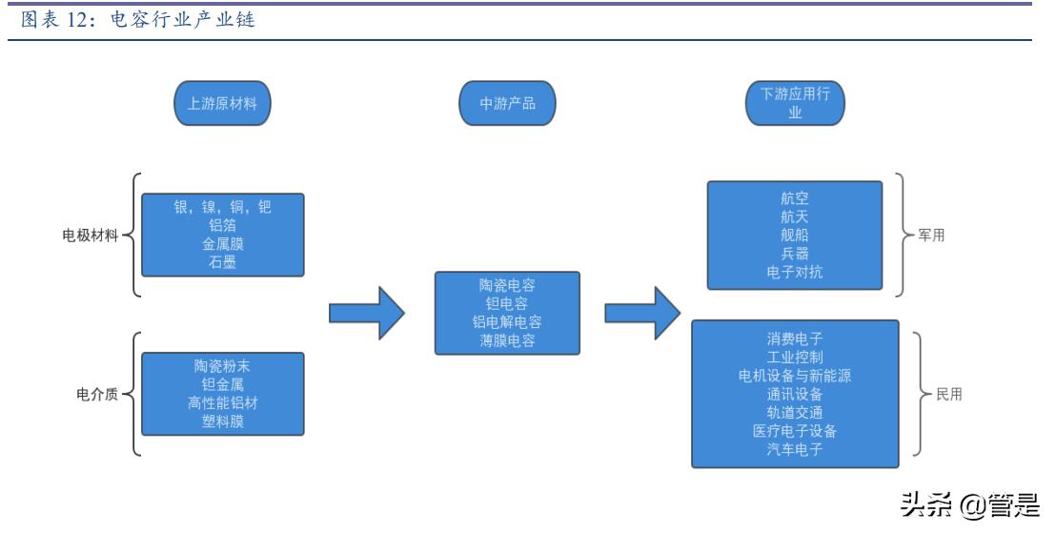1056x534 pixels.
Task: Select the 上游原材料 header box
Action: tap(222, 103)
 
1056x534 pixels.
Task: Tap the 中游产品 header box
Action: tap(507, 103)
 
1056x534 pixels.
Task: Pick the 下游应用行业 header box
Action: tap(795, 103)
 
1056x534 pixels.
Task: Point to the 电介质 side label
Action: tap(97, 394)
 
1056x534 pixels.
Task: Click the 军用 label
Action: tap(931, 236)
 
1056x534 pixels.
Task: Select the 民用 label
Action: tap(949, 394)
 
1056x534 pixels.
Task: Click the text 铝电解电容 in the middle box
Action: tap(507, 322)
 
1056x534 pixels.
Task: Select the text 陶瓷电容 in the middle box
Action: tap(507, 285)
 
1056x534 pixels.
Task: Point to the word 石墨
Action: tap(222, 262)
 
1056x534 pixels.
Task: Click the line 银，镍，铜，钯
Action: tap(222, 207)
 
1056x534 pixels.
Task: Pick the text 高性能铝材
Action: tap(222, 403)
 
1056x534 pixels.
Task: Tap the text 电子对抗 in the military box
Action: tap(795, 272)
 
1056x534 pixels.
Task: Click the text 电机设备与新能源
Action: tap(795, 376)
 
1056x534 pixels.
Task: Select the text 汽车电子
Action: tap(795, 449)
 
